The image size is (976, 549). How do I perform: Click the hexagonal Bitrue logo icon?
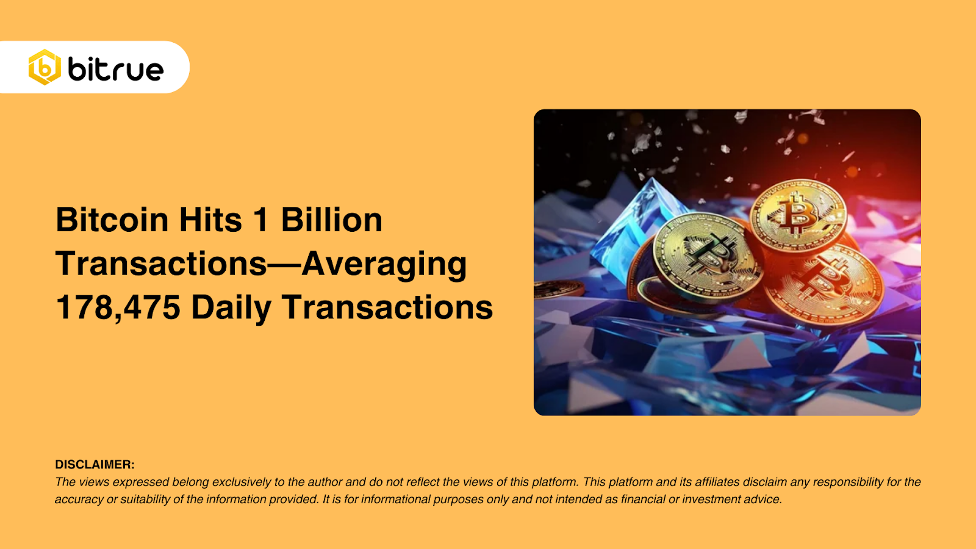pyautogui.click(x=45, y=67)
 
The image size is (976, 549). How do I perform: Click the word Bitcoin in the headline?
pyautogui.click(x=112, y=220)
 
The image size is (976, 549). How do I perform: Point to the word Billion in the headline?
pyautogui.click(x=331, y=220)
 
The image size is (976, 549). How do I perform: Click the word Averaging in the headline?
pyautogui.click(x=384, y=265)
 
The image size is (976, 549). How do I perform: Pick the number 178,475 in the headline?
pyautogui.click(x=118, y=307)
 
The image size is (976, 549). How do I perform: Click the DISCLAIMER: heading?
pyautogui.click(x=95, y=465)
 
